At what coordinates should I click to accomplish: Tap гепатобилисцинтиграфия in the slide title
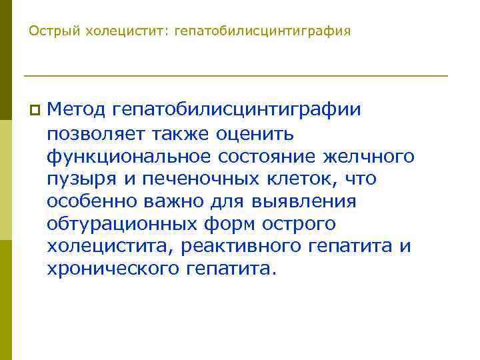(262, 31)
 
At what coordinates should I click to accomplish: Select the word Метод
(76, 109)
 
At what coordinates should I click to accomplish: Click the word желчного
(369, 156)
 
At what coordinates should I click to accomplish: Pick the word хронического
(109, 269)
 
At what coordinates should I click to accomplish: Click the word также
(189, 133)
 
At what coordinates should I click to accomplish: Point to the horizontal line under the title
(235, 75)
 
